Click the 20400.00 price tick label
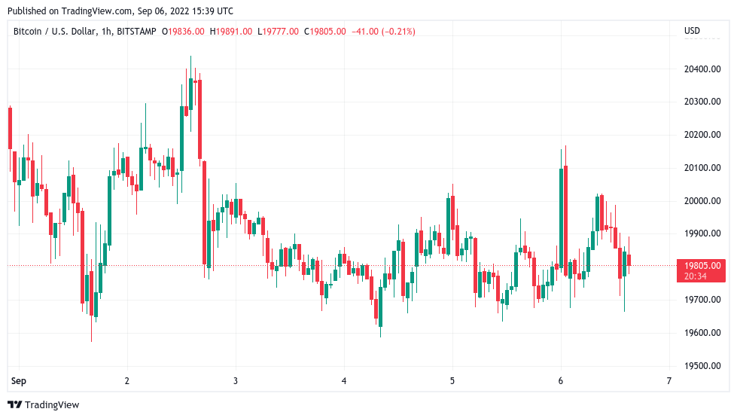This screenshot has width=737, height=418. (702, 69)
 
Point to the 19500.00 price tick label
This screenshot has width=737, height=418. (702, 366)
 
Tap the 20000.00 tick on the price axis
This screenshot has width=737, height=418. (702, 201)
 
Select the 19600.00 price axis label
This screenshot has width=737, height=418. (702, 333)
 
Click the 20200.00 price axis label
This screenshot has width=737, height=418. (702, 135)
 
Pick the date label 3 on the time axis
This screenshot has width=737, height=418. (236, 381)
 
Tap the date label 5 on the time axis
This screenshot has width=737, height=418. (452, 381)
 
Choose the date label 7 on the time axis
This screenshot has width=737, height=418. (669, 381)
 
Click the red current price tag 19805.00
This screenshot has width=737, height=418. (702, 265)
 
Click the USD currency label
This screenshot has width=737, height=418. (692, 31)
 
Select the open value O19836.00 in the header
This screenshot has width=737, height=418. (186, 31)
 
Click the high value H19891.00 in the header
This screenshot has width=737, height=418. (232, 31)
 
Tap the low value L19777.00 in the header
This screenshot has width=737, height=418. (278, 31)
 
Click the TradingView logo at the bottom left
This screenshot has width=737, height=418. (45, 405)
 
